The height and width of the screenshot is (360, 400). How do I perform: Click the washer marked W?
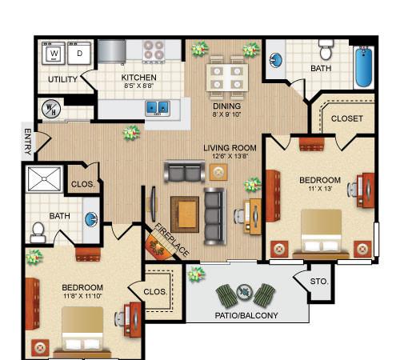coord(54,54)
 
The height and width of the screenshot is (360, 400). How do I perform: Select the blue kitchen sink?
coord(157,106)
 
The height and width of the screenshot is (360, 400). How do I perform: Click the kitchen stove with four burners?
coord(154,52)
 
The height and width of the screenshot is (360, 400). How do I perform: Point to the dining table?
coord(226,77)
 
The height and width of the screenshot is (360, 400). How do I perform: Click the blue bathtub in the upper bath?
coord(365,69)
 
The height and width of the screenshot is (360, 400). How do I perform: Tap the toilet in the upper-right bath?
coord(326,50)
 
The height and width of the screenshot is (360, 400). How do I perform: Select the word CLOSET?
coord(346,118)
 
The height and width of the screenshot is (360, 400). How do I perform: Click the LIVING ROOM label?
coord(229,147)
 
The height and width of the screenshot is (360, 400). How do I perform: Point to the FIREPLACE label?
coord(171,239)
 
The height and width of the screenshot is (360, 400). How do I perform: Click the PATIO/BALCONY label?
coord(247,315)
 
